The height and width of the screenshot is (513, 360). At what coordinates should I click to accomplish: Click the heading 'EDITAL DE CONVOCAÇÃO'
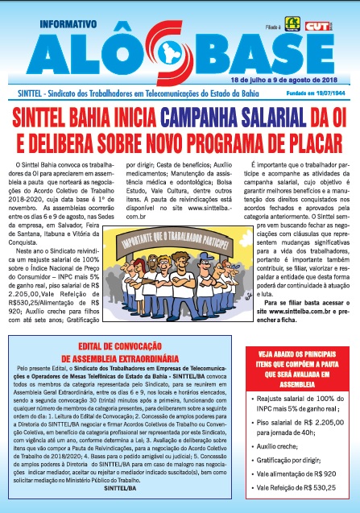[x=123, y=322]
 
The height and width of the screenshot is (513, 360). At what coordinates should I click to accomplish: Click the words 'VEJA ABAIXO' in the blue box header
[x=278, y=354]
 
